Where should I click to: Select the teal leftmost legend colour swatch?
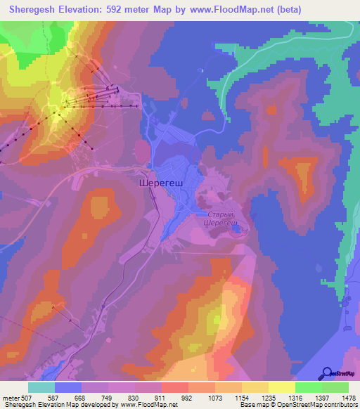tap(41, 387)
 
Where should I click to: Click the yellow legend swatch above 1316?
tap(282, 387)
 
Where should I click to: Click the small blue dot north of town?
tap(201, 70)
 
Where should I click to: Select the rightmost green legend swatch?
tap(335, 387)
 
